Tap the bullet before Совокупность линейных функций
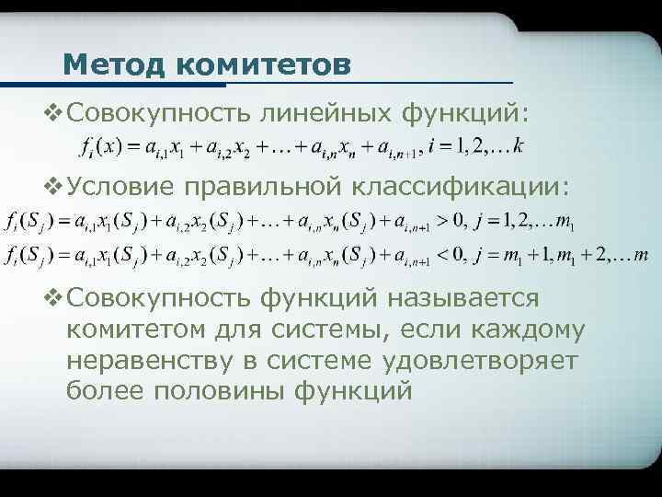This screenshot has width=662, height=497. pos(53,113)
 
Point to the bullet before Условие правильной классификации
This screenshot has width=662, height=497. pos(53,187)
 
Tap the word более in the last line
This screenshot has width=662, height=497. pos(102,390)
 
